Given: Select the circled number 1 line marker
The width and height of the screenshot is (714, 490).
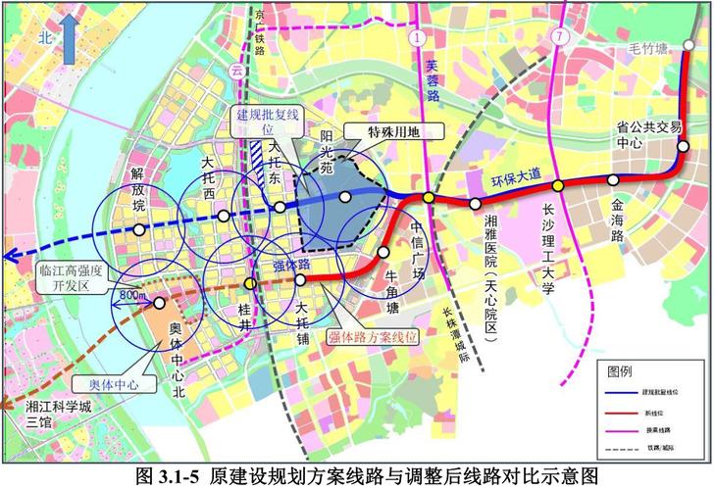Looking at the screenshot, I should pos(420,38).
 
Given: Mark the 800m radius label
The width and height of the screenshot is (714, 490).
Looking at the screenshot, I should pos(131,294).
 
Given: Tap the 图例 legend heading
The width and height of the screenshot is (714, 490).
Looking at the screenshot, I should pos(620,372).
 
